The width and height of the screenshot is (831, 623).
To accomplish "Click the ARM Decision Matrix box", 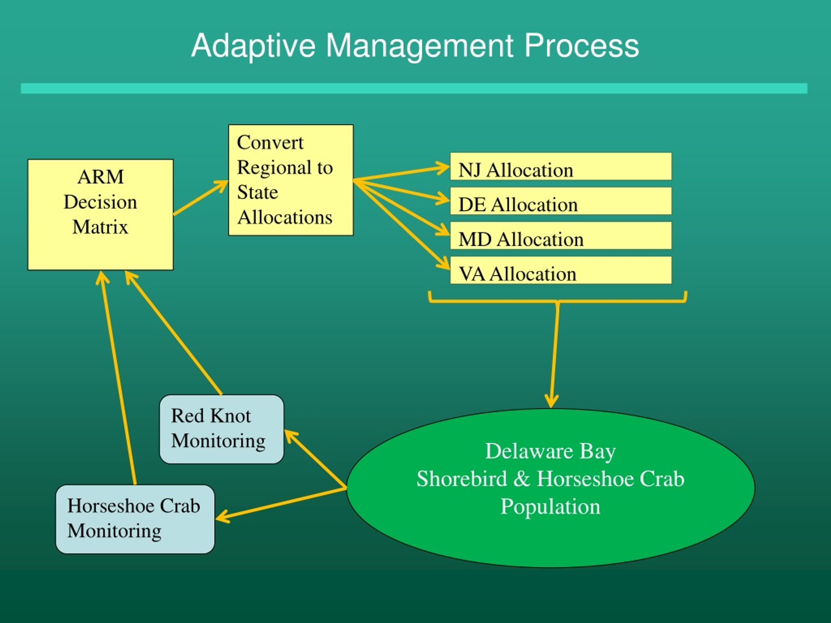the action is [x=100, y=214].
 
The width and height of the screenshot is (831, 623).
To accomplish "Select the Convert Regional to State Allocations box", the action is [x=291, y=180].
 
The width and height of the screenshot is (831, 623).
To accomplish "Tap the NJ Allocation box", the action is [x=561, y=166].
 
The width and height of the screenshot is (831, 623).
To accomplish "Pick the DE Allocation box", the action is [x=561, y=201].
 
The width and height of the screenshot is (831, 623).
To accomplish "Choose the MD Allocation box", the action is [x=561, y=236].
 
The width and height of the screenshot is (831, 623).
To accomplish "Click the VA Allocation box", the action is [x=561, y=270].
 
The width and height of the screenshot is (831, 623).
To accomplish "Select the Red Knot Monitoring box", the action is [x=222, y=429].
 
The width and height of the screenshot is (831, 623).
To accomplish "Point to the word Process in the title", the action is [x=582, y=46].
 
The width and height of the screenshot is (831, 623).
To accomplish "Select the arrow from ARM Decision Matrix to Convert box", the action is [x=201, y=198].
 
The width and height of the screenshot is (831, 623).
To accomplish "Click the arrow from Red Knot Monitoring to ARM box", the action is [x=173, y=332].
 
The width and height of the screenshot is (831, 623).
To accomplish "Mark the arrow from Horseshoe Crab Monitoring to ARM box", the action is [x=118, y=377].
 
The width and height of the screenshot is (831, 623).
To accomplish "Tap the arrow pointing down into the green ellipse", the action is [x=554, y=355].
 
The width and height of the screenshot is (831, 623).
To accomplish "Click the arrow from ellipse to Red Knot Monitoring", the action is [x=316, y=459].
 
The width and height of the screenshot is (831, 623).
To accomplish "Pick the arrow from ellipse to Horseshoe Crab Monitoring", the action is [x=281, y=504].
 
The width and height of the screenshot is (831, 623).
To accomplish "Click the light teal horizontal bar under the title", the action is [x=414, y=88].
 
